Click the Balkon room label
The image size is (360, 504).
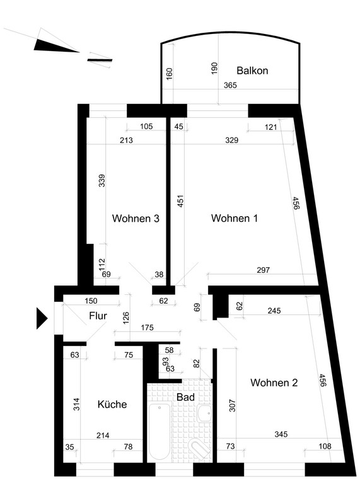tap(252, 71)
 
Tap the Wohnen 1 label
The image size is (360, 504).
tap(234, 218)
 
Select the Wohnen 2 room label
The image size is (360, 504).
tap(274, 382)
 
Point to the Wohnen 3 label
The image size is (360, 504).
tap(136, 219)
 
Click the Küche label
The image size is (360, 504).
tap(112, 404)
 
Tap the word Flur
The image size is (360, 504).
tap(98, 316)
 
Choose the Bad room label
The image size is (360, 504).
tap(185, 397)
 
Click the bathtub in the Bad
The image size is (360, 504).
tap(160, 432)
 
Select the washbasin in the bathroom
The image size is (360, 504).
tap(204, 413)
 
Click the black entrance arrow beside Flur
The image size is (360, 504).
tap(42, 319)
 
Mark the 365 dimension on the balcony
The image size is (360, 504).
tap(230, 85)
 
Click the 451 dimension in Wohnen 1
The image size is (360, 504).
tap(180, 201)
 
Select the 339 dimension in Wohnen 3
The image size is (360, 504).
tap(102, 181)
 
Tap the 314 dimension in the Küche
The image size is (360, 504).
tap(76, 404)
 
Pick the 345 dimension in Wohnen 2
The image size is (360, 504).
tap(281, 434)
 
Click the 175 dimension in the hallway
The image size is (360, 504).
tap(147, 328)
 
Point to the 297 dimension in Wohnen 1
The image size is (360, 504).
tap(263, 270)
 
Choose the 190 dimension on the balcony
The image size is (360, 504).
tap(214, 68)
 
